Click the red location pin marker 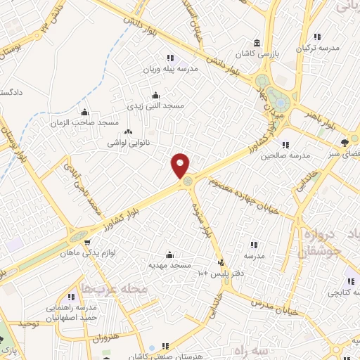pos(181,165)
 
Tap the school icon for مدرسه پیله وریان pos(169,58)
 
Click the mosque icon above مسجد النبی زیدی pos(155,95)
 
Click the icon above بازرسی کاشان pos(256,44)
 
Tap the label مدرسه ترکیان pos(320,47)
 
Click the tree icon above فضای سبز pos(343,142)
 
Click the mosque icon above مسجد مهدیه pos(169,255)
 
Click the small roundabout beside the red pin pos(188,183)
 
